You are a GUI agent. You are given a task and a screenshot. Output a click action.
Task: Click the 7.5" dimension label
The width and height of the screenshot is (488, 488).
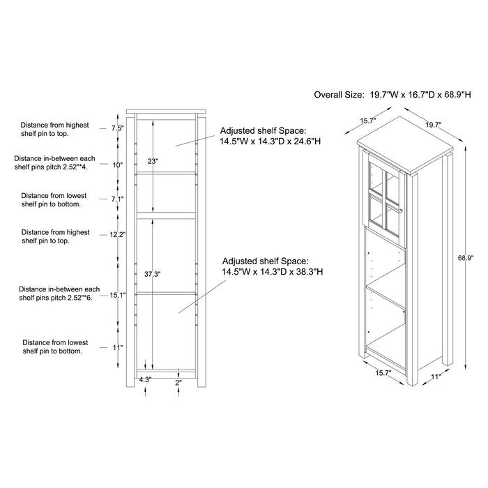118,128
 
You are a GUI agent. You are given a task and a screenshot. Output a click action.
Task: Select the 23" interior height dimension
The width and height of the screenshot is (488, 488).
153,161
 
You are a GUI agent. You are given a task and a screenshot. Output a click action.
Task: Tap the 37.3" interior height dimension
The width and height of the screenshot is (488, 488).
153,274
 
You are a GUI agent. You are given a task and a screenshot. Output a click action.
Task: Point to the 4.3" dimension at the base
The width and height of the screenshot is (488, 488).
145,380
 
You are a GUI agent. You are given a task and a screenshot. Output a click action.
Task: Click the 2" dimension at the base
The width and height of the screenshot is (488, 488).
178,383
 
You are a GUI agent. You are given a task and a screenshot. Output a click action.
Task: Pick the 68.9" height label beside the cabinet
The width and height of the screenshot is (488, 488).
466,258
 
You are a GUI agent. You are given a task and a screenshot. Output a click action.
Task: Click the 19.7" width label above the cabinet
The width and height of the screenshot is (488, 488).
434,125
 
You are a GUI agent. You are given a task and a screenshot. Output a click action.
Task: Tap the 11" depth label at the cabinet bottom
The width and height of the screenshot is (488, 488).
436,376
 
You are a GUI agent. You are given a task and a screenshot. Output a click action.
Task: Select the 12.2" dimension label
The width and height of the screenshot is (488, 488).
118,235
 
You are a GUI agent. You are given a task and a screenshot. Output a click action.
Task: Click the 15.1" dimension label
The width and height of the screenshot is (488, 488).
118,295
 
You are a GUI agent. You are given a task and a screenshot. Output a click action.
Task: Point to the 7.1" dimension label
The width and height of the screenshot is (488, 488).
118,199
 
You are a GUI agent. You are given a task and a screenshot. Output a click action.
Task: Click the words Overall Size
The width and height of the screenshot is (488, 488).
339,95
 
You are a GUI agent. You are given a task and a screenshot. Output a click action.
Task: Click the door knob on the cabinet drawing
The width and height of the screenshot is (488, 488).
401,211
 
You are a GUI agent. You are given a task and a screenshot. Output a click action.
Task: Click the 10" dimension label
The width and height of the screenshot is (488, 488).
118,165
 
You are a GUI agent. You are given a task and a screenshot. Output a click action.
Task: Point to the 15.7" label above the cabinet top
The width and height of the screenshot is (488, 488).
369,121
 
